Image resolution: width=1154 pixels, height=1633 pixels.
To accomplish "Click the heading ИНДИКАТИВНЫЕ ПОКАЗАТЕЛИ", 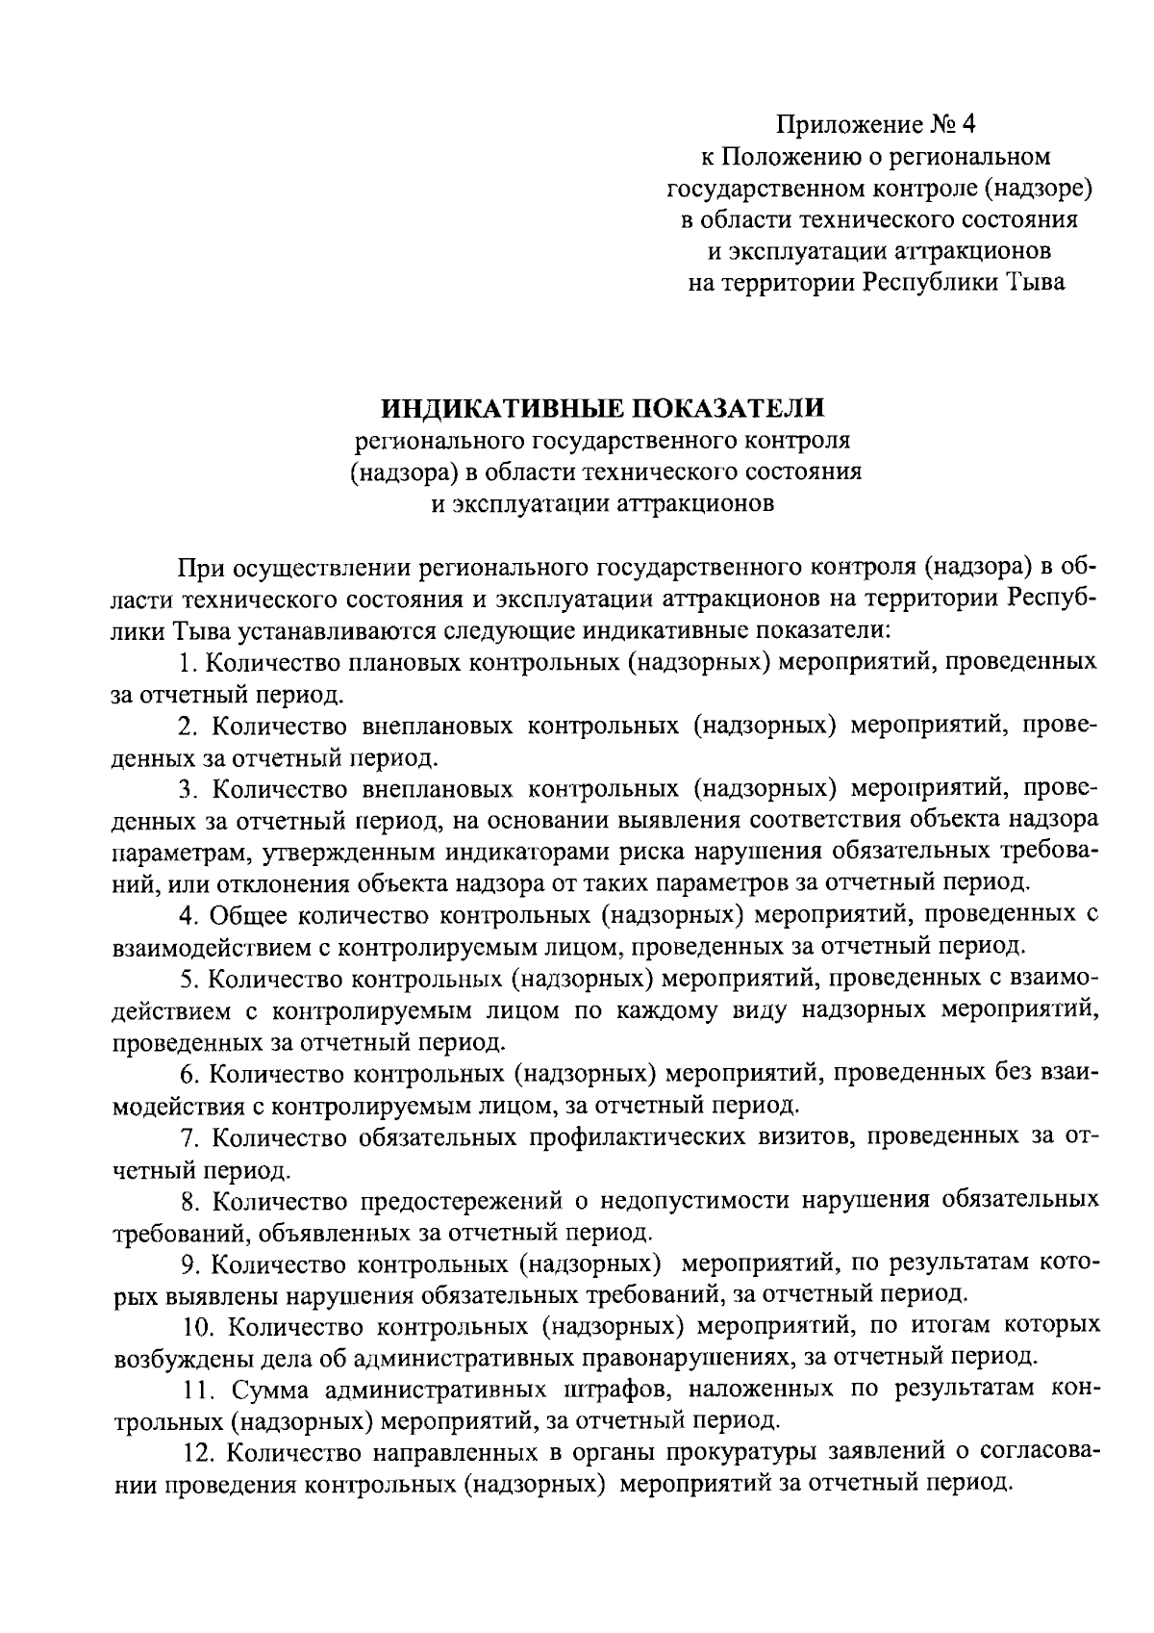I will pyautogui.click(x=603, y=409).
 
